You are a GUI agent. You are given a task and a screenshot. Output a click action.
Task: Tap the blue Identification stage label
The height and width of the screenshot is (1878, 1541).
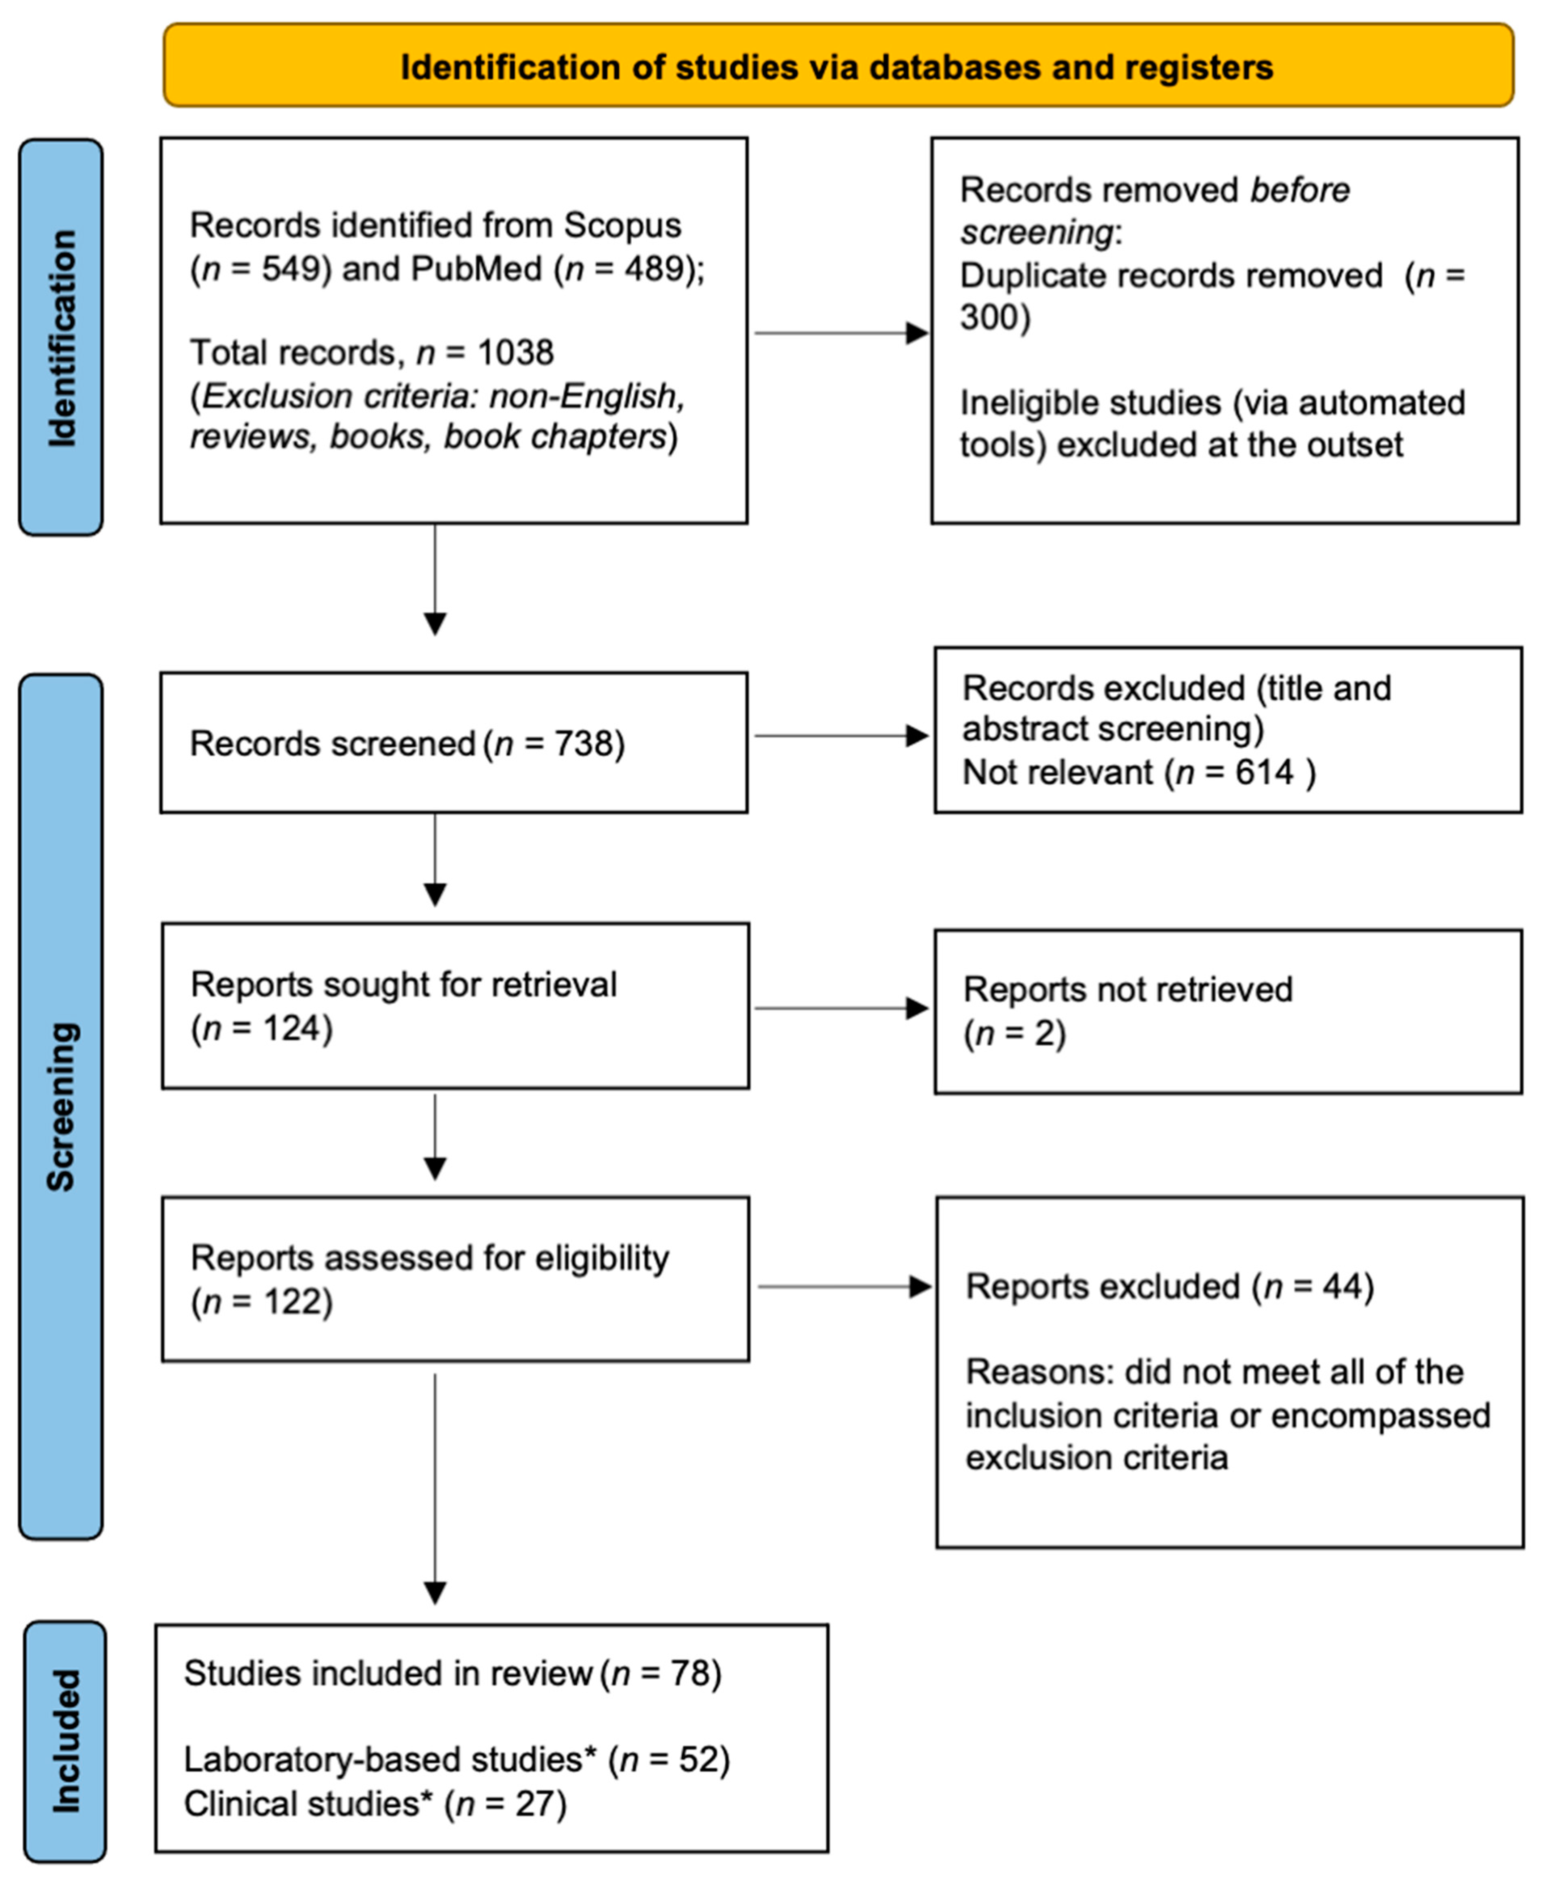(61, 337)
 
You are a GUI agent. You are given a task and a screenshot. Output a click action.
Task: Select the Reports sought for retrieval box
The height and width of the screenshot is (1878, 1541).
(455, 1006)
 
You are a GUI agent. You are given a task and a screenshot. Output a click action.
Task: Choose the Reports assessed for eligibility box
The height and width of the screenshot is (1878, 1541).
(455, 1279)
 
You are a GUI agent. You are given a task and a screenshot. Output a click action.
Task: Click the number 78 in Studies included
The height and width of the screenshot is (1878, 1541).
(688, 1674)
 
